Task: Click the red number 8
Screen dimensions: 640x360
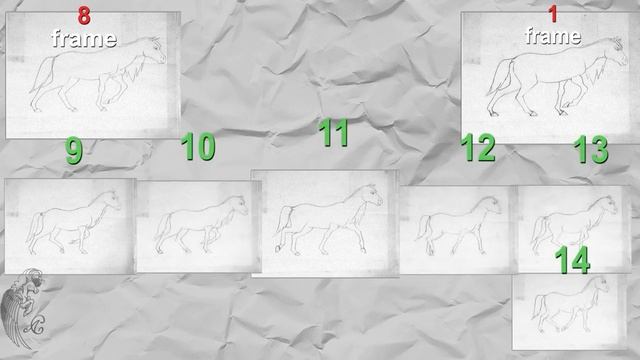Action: (x=84, y=16)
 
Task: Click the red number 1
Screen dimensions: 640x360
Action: (x=553, y=13)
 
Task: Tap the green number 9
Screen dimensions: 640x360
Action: (x=74, y=151)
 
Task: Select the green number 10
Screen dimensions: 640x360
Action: (x=198, y=146)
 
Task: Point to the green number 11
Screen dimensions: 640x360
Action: (x=333, y=132)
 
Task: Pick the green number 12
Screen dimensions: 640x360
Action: (x=478, y=147)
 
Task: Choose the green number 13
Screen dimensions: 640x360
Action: (x=591, y=149)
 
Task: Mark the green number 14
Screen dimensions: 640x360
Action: (x=572, y=260)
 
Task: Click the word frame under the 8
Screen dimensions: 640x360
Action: (x=84, y=38)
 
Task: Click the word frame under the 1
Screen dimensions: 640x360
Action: (x=553, y=36)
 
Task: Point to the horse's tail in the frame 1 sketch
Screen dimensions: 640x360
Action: (x=499, y=78)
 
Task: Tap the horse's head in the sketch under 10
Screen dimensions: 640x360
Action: (x=240, y=206)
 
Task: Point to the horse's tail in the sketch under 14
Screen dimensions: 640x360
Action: (x=538, y=307)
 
